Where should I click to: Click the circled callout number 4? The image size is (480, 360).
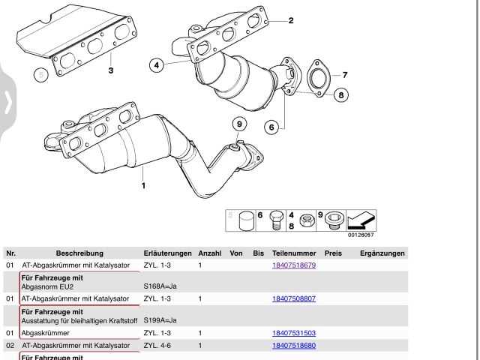pos(157,65)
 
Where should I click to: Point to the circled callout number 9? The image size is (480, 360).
pos(239,124)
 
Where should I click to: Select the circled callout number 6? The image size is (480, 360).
pos(271,126)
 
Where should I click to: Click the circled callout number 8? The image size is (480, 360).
pos(340,94)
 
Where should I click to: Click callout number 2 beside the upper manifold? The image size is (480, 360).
pos(291,20)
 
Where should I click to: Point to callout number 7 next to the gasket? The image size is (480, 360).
pos(345,75)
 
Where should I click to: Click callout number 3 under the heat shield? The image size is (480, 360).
pos(110,70)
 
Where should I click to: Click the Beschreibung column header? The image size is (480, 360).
pos(79,253)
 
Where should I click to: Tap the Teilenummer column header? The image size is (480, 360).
pos(294,253)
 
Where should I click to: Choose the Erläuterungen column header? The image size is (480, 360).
pos(167,253)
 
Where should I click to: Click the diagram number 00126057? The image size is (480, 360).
pos(361,235)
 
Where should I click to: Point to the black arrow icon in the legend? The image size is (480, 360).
pos(361,220)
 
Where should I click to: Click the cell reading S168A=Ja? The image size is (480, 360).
pos(160,286)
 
